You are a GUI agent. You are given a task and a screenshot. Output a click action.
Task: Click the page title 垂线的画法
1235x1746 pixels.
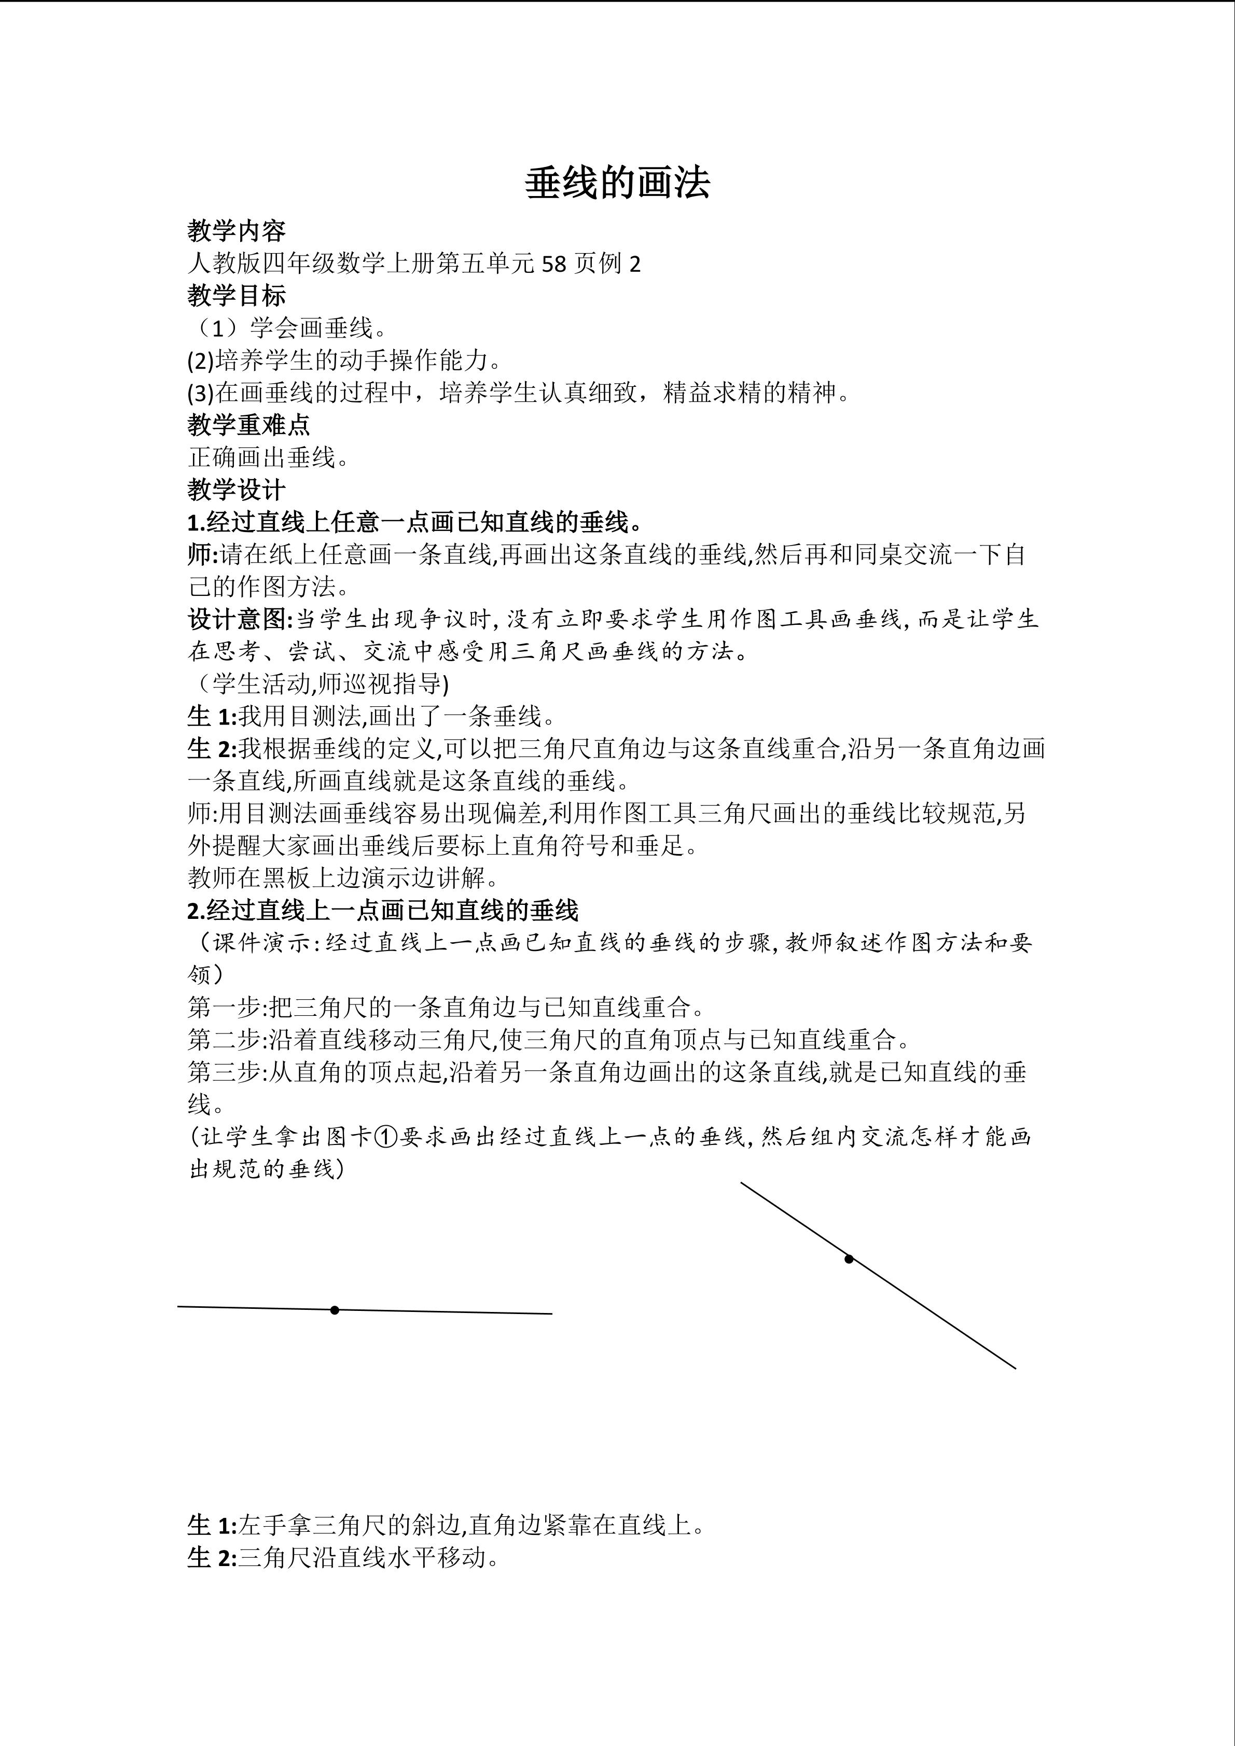tap(617, 183)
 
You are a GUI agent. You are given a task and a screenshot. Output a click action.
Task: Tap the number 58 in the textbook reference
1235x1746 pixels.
tap(555, 264)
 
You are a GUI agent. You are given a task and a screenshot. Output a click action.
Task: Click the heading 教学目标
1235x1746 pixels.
tap(237, 295)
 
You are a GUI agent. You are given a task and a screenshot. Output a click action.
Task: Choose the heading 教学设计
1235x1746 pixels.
tap(237, 489)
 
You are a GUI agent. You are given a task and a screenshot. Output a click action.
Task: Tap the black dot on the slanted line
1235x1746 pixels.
tap(849, 1259)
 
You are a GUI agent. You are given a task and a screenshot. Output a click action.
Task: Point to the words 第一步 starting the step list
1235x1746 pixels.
tap(225, 1008)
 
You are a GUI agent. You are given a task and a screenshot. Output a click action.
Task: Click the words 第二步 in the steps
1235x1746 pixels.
tap(225, 1040)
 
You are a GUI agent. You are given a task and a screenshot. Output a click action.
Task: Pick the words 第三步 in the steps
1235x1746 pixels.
tap(225, 1072)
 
